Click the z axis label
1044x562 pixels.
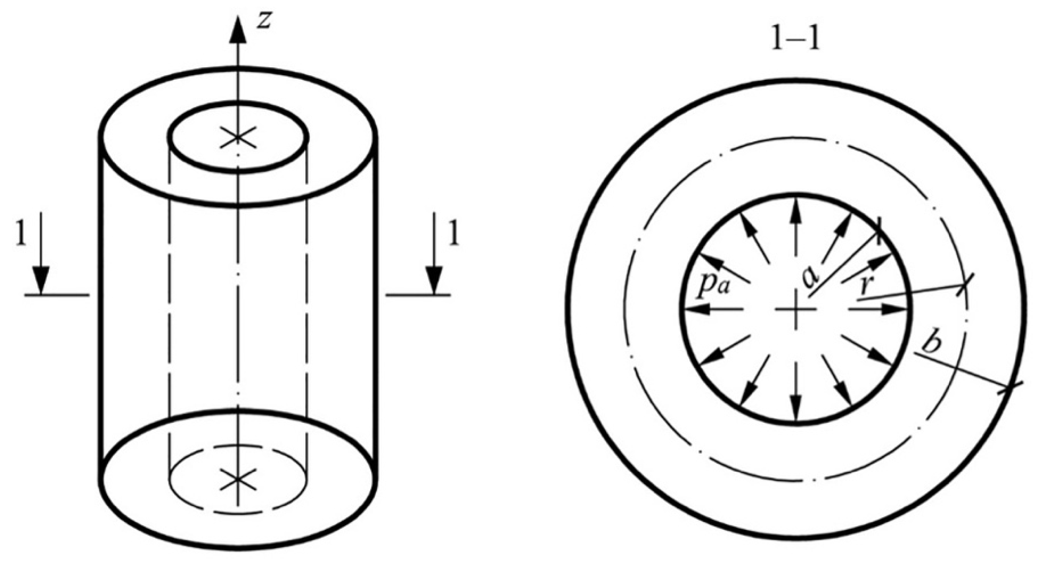[264, 20]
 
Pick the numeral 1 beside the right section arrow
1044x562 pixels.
[454, 233]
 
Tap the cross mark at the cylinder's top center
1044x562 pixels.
[238, 137]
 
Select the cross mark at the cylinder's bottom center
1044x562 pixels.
[238, 480]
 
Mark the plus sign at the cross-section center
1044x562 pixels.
[795, 310]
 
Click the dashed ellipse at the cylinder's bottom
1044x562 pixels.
[238, 513]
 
